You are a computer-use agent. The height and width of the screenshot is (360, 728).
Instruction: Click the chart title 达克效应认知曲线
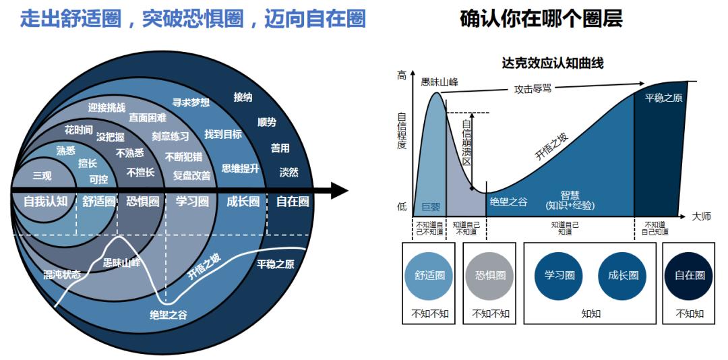click(552, 63)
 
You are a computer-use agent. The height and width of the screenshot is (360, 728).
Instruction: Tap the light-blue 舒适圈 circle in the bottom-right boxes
click(429, 275)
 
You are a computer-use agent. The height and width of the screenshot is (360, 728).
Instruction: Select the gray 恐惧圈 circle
click(490, 275)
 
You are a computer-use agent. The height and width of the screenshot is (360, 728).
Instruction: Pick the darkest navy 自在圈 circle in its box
click(690, 275)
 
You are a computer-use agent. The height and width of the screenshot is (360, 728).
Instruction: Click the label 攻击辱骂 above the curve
click(533, 88)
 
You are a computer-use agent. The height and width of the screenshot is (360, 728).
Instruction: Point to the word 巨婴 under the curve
click(431, 207)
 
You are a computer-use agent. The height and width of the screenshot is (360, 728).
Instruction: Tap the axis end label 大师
click(701, 216)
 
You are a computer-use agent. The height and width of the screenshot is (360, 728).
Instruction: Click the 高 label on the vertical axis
click(402, 76)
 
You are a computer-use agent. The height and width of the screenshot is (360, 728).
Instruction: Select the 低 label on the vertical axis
click(402, 207)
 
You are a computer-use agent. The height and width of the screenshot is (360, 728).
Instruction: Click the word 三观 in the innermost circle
click(42, 176)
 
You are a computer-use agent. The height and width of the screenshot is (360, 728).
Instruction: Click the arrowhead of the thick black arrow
click(340, 191)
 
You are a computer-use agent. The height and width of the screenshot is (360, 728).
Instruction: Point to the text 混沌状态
click(61, 274)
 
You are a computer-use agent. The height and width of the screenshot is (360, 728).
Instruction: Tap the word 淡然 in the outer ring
click(289, 172)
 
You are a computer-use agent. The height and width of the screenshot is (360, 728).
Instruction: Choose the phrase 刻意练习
click(170, 137)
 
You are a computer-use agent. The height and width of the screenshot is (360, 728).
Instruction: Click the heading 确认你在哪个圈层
click(541, 18)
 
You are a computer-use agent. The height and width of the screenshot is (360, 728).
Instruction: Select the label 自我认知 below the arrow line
click(44, 201)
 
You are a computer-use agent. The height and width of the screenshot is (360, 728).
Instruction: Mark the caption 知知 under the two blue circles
click(591, 313)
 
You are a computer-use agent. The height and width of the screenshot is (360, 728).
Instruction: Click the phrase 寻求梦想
click(191, 102)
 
